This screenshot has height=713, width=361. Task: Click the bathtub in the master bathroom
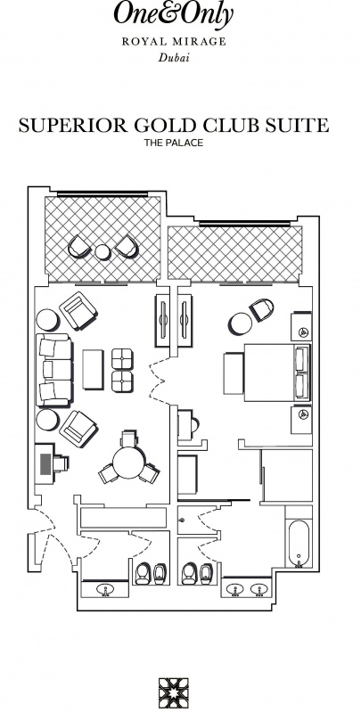(x=299, y=543)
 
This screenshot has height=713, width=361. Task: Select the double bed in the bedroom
(x=276, y=373)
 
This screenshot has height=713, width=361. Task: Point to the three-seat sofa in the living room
(x=53, y=370)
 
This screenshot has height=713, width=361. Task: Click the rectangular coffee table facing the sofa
(x=93, y=369)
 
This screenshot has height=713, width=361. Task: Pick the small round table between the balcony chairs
(x=103, y=251)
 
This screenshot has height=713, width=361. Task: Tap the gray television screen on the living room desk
(x=45, y=463)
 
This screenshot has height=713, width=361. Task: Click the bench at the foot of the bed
(x=234, y=373)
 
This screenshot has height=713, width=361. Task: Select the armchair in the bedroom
(x=261, y=310)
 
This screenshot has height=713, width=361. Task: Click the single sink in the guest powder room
(x=105, y=589)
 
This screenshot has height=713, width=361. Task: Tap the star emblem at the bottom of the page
(x=173, y=693)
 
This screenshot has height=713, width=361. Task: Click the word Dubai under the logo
(x=174, y=58)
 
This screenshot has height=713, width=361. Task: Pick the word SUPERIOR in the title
(x=73, y=125)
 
